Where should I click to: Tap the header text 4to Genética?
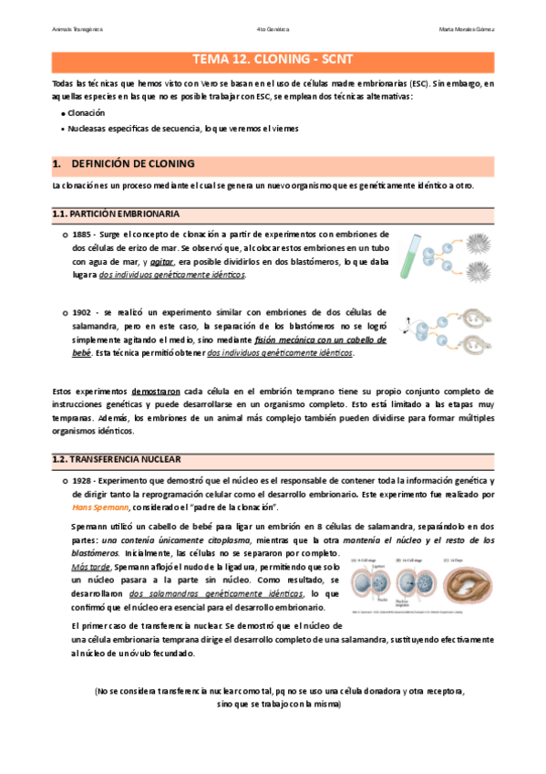coord(273,27)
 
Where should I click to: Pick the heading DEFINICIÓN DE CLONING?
coord(132,164)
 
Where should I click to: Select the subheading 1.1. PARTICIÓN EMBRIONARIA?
coord(115,214)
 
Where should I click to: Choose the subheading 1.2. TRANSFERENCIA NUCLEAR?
coord(117,459)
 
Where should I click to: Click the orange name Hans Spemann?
coord(100,507)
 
